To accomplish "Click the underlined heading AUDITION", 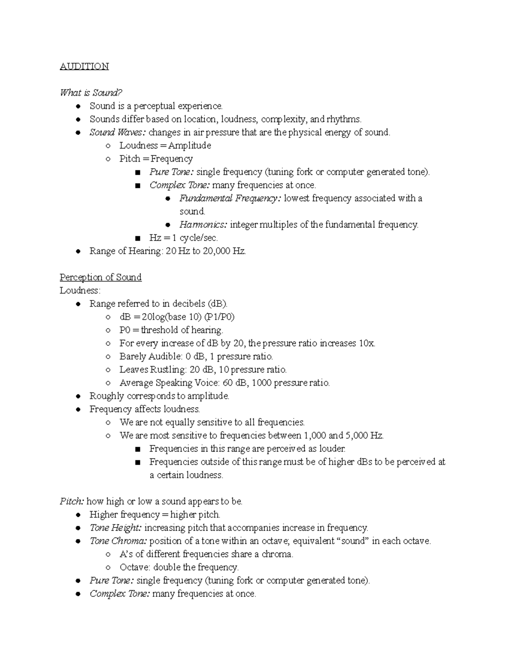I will coord(84,66).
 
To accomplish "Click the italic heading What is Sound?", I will coord(91,93).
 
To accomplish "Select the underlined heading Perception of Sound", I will coord(101,277).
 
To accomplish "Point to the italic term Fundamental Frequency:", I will coord(229,198).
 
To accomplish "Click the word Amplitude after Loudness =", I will coord(190,146).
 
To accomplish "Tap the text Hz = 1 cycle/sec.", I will coord(183,238).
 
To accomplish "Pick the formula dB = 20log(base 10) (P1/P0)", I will coord(177,317).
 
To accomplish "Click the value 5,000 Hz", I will coord(364,435).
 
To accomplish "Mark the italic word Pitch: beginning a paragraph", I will coord(72,502).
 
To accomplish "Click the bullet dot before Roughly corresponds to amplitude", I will coord(78,396).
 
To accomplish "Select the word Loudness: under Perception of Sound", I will coord(80,291).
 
